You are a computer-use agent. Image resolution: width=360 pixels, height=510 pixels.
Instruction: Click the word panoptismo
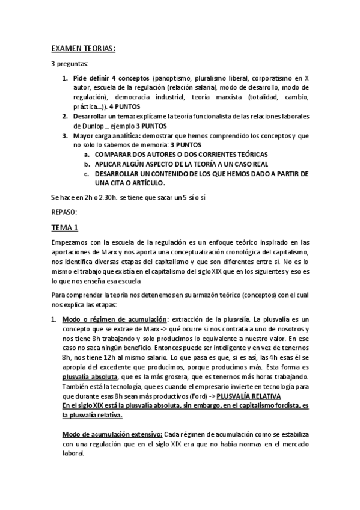click(x=175, y=78)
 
